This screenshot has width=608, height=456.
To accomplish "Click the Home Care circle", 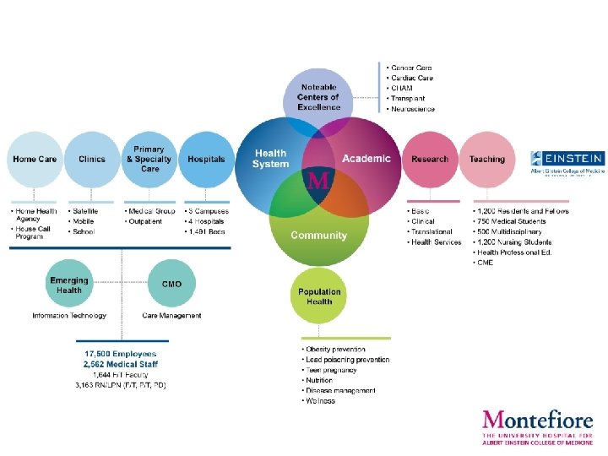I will pos(35,159).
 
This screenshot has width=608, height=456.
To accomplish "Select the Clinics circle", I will pos(92,159).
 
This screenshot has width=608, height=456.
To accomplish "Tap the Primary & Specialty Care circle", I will pos(149,159).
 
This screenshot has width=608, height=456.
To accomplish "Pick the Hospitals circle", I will pos(206,159).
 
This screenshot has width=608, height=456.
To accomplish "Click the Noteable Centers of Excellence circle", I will pos(318,97).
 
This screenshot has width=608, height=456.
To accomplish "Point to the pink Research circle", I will pos(430,159).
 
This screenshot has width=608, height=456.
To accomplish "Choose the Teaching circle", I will pos(487,159).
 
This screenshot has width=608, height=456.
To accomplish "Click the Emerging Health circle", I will pos(69,285).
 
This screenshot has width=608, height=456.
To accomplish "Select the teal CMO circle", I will pos(171,285).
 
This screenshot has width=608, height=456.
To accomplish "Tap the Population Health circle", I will pos(320,296).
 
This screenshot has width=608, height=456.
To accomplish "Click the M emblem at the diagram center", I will pos(319,180).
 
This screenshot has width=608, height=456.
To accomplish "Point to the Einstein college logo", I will pos(567,161).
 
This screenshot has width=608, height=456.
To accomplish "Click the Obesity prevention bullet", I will pos(334,350).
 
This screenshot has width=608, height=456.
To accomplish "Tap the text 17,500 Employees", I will pos(120,354).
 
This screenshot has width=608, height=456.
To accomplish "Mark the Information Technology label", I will pos(69,316).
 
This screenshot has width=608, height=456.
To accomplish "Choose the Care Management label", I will pos(171,316).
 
